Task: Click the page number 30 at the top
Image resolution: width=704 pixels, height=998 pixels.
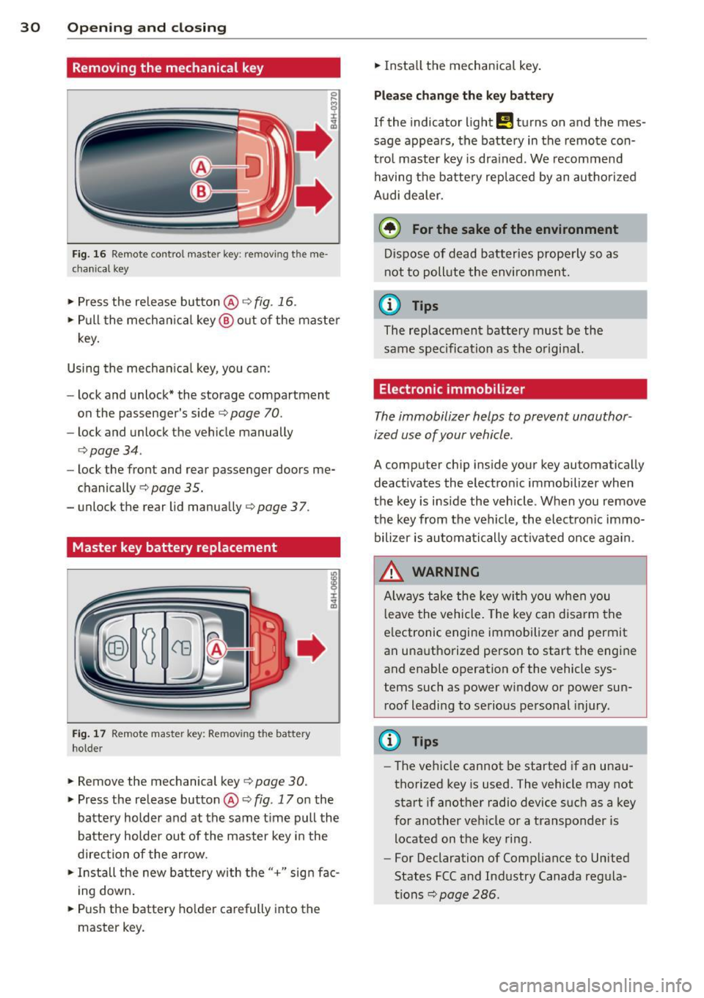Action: [x=30, y=27]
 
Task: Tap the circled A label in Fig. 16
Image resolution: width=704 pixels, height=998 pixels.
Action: [x=201, y=167]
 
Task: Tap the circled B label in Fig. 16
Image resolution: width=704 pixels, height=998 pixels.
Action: [x=201, y=191]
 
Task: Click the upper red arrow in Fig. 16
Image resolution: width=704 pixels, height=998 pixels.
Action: [x=315, y=140]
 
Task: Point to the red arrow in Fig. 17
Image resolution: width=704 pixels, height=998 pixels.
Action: [x=311, y=648]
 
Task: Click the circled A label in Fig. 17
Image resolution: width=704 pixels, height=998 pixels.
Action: [x=216, y=649]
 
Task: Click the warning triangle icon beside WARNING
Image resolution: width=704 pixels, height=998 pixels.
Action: [x=392, y=571]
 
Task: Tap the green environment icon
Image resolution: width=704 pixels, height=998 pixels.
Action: [x=389, y=229]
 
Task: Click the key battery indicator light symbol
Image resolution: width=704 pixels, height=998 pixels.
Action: [x=504, y=122]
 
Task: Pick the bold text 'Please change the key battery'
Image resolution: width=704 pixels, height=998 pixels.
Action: [x=463, y=95]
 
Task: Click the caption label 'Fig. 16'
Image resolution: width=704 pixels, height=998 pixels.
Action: [x=89, y=254]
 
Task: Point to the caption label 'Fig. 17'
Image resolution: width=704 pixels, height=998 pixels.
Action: [x=89, y=734]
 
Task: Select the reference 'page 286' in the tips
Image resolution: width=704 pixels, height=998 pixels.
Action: [x=468, y=895]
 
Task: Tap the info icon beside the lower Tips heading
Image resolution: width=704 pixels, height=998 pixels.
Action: [x=389, y=741]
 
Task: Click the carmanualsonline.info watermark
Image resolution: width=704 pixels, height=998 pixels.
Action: [x=595, y=985]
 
